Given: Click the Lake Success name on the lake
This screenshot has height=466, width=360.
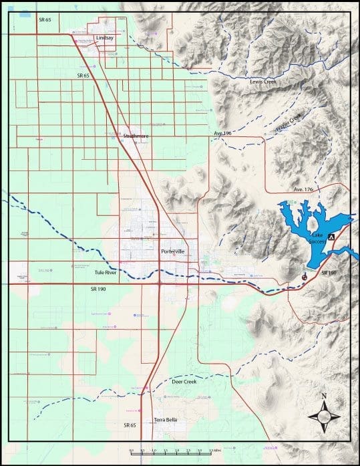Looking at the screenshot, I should (x=317, y=239).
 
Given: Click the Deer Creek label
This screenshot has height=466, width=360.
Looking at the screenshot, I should (x=184, y=382).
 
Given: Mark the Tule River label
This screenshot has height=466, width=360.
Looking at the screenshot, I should (x=107, y=272).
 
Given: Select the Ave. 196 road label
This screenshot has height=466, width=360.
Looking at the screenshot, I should (x=222, y=134).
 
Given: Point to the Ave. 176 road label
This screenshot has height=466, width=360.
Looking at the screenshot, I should (x=302, y=190).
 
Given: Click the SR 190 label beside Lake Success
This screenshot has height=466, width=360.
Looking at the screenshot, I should (x=329, y=273).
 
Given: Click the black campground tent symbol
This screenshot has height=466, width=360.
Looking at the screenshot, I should (x=331, y=228).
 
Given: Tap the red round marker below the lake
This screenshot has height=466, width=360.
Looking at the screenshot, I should (x=305, y=275).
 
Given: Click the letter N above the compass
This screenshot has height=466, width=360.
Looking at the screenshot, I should (x=324, y=396).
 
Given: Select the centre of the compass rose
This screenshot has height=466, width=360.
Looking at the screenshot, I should (x=324, y=417).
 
